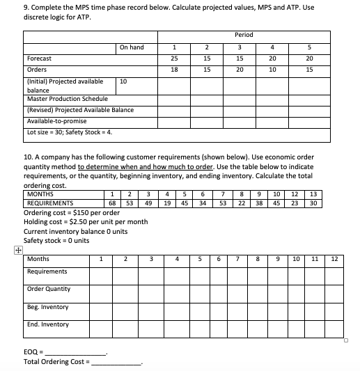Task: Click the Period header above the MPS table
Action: pyautogui.click(x=244, y=35)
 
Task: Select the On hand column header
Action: pyautogui.click(x=132, y=47)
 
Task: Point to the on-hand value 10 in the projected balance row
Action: pyautogui.click(x=123, y=82)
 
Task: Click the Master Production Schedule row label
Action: pyautogui.click(x=58, y=99)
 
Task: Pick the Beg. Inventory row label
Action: pyautogui.click(x=47, y=307)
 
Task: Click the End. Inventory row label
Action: pyautogui.click(x=47, y=324)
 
